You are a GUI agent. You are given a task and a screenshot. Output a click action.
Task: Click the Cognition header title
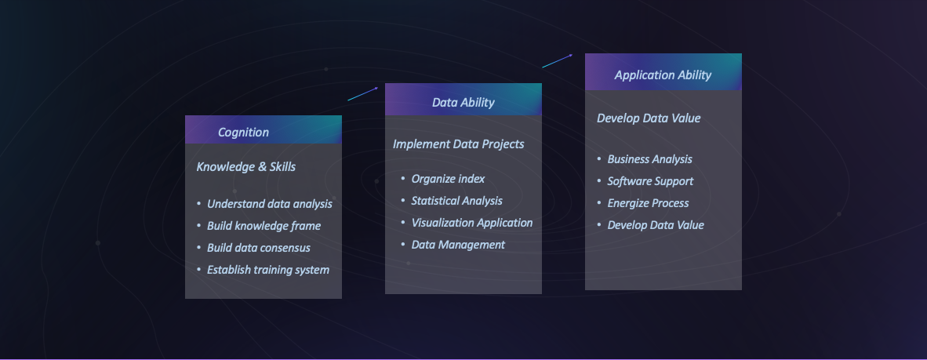[x=243, y=133]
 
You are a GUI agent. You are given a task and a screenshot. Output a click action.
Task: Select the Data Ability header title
[x=463, y=102]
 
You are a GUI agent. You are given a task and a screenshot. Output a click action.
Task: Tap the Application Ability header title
[x=663, y=75]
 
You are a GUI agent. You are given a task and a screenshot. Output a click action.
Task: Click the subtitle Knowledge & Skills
[x=246, y=167]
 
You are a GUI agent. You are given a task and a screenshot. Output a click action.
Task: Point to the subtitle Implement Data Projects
[x=458, y=144]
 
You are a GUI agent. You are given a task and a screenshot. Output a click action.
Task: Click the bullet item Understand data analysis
[x=270, y=204]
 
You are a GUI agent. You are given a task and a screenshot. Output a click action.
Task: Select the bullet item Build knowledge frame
[x=264, y=226]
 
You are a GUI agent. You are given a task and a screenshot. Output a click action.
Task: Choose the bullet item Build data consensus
[x=258, y=248]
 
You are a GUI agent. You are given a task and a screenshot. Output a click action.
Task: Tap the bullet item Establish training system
[x=267, y=270]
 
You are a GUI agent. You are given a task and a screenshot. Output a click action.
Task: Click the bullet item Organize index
[x=448, y=179]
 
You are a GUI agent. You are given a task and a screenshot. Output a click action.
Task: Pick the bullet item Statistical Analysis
[x=457, y=201]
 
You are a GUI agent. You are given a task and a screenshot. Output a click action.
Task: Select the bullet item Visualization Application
[x=472, y=223]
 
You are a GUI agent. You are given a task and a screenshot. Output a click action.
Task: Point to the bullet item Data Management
[x=458, y=245]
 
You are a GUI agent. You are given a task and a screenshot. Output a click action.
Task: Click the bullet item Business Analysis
[x=649, y=159]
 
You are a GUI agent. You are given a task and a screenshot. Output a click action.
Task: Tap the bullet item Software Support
[x=650, y=181]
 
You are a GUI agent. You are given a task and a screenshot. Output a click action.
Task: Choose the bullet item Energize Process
[x=648, y=203]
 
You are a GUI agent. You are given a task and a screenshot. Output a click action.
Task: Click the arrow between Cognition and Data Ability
[x=363, y=93]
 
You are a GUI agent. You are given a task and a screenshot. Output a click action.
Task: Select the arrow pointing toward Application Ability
[x=558, y=60]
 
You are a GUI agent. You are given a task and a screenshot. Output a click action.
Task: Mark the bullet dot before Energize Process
[x=599, y=203]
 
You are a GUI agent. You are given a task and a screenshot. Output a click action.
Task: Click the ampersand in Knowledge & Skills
[x=263, y=167]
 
